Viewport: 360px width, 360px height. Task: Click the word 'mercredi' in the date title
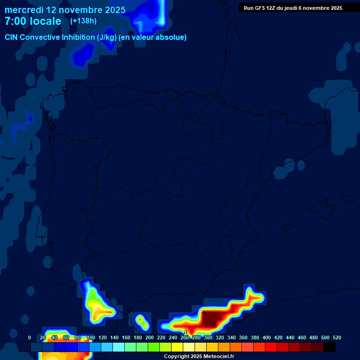tap(24, 10)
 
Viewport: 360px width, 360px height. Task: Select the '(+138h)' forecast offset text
tap(83, 21)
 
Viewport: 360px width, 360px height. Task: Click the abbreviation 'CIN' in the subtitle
tap(12, 37)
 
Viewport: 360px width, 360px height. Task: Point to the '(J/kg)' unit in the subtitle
tap(106, 37)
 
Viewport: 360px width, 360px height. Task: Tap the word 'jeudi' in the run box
tap(289, 8)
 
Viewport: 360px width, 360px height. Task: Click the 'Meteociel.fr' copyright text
tap(218, 357)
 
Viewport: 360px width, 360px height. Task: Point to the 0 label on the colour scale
tap(30, 337)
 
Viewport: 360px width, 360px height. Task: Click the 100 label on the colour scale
tap(90, 337)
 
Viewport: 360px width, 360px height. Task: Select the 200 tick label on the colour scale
tap(149, 337)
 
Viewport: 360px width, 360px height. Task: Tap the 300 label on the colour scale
tap(208, 337)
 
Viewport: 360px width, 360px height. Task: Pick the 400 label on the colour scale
tap(266, 337)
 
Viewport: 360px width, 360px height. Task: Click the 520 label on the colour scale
tap(337, 337)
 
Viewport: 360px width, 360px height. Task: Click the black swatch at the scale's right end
tap(330, 347)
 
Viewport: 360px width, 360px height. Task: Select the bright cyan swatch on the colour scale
tap(119, 347)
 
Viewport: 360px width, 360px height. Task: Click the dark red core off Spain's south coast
tap(211, 320)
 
